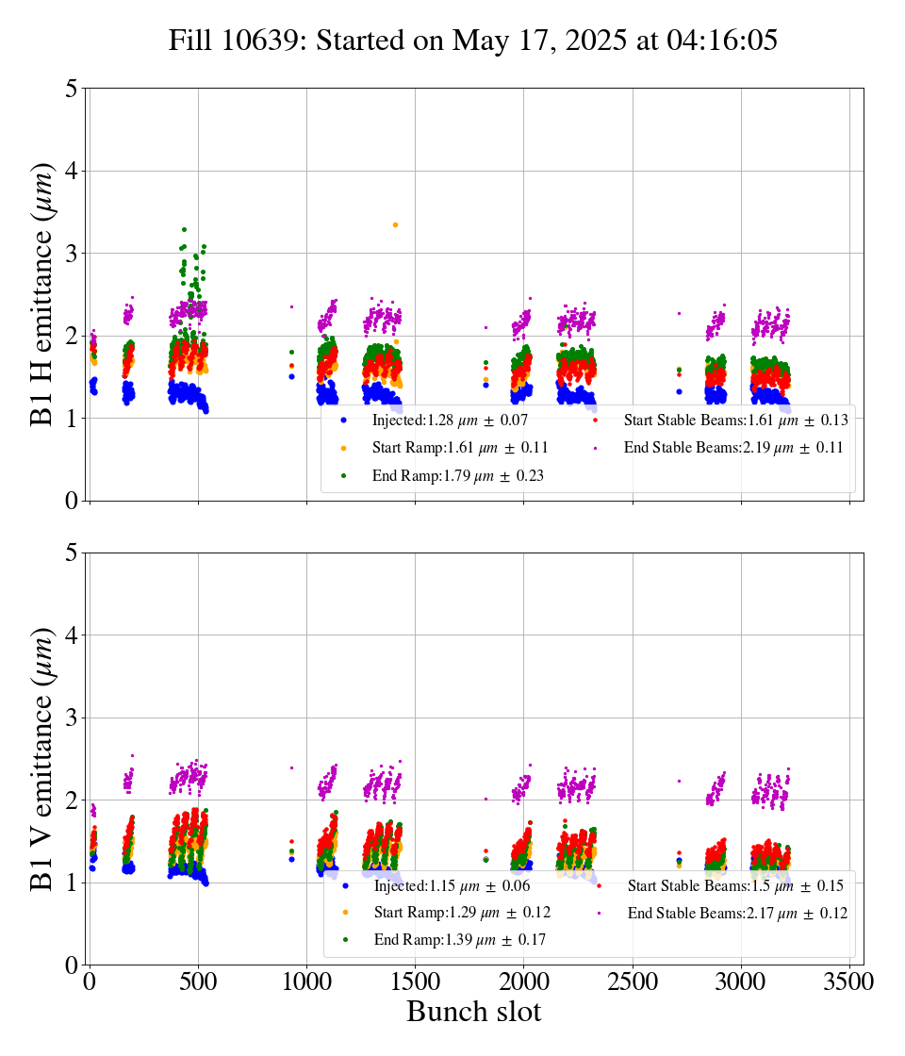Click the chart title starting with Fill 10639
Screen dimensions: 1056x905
click(x=472, y=41)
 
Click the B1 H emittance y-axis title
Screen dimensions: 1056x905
click(x=43, y=293)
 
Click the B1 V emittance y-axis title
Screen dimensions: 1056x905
click(x=43, y=758)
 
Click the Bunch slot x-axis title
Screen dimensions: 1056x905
click(x=473, y=1013)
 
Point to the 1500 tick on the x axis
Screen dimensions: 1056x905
click(x=415, y=981)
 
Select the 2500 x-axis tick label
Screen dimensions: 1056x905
click(x=633, y=981)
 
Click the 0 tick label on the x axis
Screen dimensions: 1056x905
click(x=90, y=981)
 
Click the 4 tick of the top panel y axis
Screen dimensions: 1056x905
click(x=72, y=171)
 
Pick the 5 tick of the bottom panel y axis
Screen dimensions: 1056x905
click(x=72, y=553)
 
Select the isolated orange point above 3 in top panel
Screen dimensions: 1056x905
click(x=395, y=224)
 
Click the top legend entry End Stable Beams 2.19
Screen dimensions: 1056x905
click(x=732, y=448)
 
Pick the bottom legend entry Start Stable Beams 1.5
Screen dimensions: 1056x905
click(x=734, y=886)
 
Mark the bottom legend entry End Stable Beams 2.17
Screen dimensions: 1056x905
click(x=736, y=913)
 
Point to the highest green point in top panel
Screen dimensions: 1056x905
click(x=184, y=229)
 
